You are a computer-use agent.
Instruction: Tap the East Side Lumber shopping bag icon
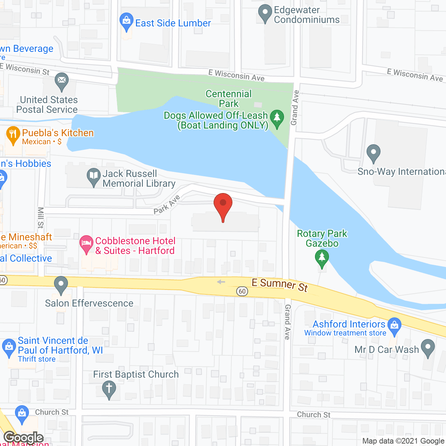[126, 22]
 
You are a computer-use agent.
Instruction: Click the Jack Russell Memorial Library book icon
[93, 176]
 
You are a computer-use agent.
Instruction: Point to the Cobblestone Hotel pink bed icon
[86, 244]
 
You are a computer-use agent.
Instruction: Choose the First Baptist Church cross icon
[109, 389]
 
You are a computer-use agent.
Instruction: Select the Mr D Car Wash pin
[428, 348]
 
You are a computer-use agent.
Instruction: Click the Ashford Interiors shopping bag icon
[394, 326]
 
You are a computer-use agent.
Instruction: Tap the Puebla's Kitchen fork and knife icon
[13, 135]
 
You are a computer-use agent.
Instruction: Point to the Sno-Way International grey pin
[374, 153]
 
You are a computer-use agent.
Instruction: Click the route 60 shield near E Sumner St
[242, 291]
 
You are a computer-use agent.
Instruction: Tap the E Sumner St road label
[280, 285]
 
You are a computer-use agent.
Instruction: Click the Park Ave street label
[167, 205]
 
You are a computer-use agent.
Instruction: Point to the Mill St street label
[40, 218]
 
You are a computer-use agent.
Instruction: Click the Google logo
[24, 438]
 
